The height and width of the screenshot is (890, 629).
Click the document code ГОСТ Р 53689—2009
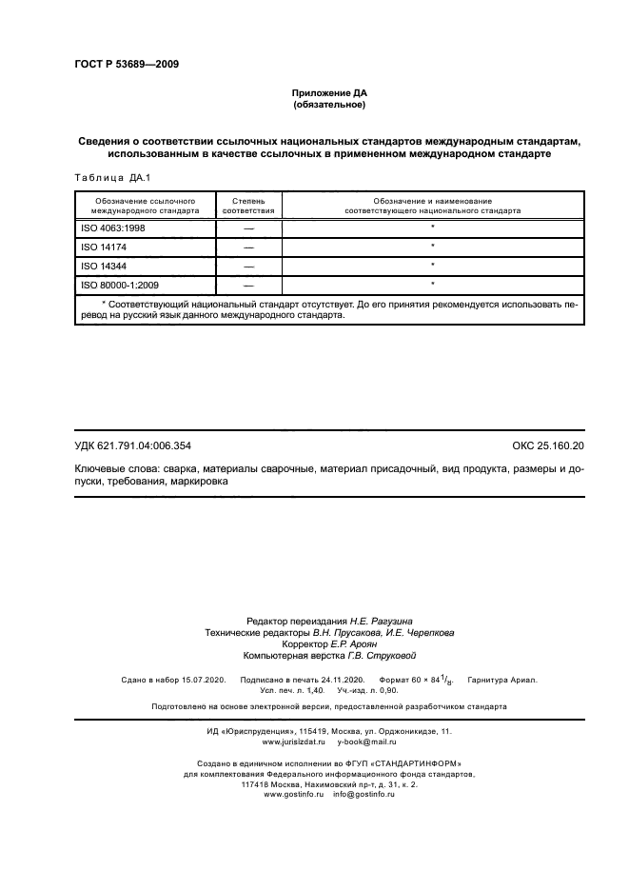[126, 65]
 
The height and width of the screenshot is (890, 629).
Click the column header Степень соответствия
[248, 206]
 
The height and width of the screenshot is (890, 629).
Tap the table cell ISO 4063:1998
[113, 229]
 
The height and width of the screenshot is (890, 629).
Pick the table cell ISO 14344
[101, 266]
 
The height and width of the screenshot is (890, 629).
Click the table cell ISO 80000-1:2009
[119, 284]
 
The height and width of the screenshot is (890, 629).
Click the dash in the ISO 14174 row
[248, 247]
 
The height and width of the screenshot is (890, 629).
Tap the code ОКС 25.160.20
[548, 445]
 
